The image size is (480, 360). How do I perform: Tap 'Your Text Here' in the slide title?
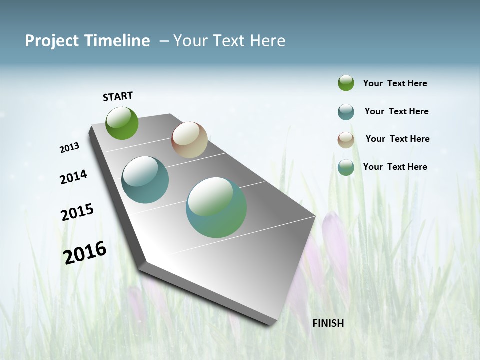click(229, 41)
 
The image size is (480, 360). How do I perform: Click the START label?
click(118, 96)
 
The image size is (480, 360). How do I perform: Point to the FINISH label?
click(328, 323)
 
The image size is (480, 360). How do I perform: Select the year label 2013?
click(69, 148)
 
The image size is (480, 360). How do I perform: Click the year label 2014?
click(73, 177)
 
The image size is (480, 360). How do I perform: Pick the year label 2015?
click(77, 212)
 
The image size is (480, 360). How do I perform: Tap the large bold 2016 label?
click(85, 252)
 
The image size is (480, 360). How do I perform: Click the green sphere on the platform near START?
click(122, 123)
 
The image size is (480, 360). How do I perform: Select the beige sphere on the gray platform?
click(189, 140)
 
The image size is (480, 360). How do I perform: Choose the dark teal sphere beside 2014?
click(145, 180)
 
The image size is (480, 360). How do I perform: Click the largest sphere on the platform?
click(216, 207)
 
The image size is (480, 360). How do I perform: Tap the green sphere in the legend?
click(346, 83)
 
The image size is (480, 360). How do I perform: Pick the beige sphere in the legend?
click(346, 140)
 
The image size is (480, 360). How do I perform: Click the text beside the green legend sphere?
click(395, 84)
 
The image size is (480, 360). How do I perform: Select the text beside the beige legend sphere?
click(397, 139)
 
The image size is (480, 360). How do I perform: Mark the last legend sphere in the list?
click(346, 168)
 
